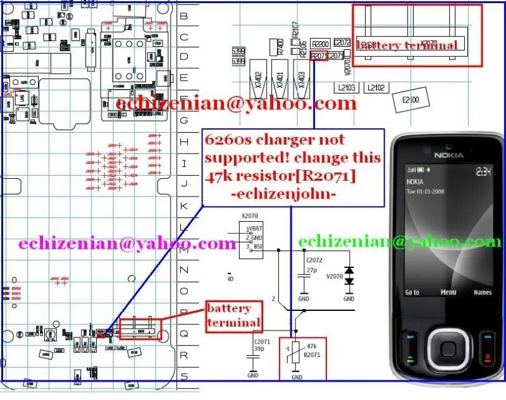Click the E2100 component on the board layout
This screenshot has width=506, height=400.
[x=414, y=99]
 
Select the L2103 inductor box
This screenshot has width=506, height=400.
[x=347, y=87]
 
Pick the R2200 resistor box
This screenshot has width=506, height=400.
[x=321, y=44]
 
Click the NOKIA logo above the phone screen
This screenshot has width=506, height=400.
[x=448, y=154]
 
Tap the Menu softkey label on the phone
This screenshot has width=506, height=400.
[x=448, y=293]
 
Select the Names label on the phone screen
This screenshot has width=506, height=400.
[x=482, y=293]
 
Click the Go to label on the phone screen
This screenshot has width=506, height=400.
[x=412, y=293]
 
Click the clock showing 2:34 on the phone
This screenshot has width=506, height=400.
[x=483, y=171]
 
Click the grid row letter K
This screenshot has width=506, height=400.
[x=184, y=206]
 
